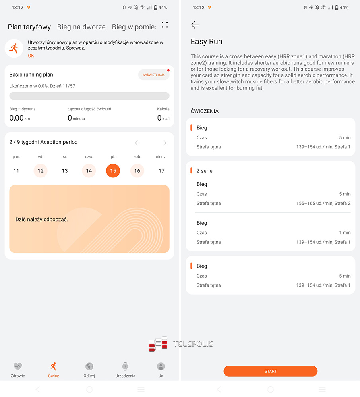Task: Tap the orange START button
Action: pyautogui.click(x=270, y=371)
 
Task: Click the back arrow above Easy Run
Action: pyautogui.click(x=195, y=25)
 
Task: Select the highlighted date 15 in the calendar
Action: pyautogui.click(x=113, y=171)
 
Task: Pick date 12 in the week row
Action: pyautogui.click(x=41, y=171)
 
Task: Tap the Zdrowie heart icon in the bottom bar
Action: pyautogui.click(x=18, y=366)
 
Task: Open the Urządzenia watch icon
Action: pyautogui.click(x=125, y=366)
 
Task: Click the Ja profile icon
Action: pyautogui.click(x=161, y=366)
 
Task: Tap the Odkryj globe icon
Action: pyautogui.click(x=89, y=366)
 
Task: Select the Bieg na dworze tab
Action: pyautogui.click(x=81, y=27)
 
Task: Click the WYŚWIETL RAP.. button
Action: pyautogui.click(x=154, y=75)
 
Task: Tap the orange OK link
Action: pyautogui.click(x=31, y=56)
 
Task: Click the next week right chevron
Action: pyautogui.click(x=165, y=143)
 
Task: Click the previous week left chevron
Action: pyautogui.click(x=137, y=143)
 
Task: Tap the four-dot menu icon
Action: pyautogui.click(x=165, y=25)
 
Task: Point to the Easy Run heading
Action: pyautogui.click(x=206, y=42)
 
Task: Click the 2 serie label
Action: pyautogui.click(x=205, y=171)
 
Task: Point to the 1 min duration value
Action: pyautogui.click(x=345, y=233)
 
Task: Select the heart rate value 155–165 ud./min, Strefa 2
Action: pyautogui.click(x=323, y=203)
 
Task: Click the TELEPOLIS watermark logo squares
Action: pyautogui.click(x=158, y=344)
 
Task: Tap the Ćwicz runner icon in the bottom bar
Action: pyautogui.click(x=54, y=366)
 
